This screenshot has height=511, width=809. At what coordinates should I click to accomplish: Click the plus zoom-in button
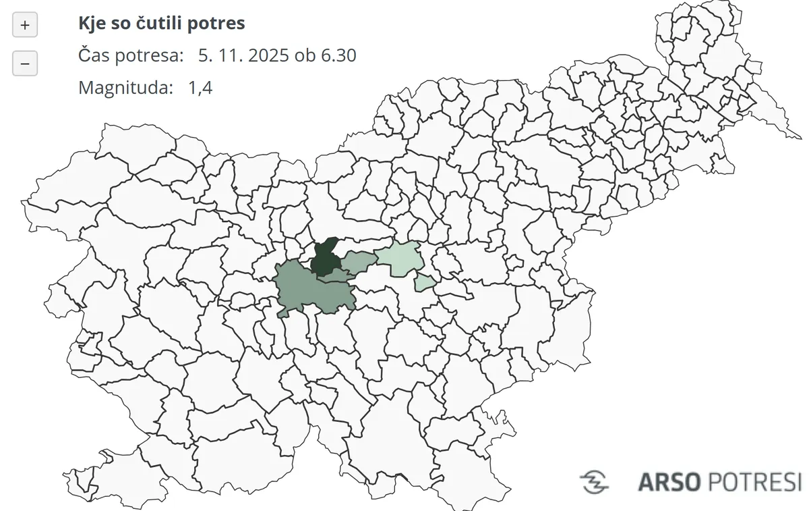(25, 26)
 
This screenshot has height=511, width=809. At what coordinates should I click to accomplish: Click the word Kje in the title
(91, 24)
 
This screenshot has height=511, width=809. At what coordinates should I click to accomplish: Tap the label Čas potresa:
(131, 55)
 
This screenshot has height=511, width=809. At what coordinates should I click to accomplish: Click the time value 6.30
(337, 55)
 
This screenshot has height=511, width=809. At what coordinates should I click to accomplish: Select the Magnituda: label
(125, 87)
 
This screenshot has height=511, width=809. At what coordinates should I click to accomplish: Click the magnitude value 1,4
(200, 87)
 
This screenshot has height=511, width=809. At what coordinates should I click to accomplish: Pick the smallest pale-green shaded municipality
(424, 282)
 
